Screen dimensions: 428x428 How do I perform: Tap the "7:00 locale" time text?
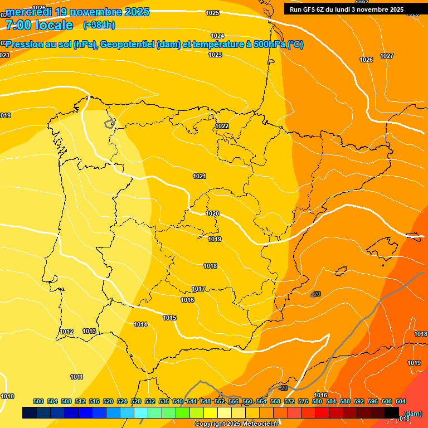tap(39, 25)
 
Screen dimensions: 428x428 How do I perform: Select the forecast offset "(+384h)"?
tap(99, 25)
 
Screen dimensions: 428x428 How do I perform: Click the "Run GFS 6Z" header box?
tap(347, 9)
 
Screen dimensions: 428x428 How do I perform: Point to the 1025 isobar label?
tap(212, 13)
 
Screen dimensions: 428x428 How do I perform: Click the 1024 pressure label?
tap(217, 36)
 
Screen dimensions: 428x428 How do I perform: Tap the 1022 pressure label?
tap(222, 126)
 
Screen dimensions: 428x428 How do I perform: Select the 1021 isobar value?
tap(200, 176)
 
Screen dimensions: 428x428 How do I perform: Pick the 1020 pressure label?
tap(212, 213)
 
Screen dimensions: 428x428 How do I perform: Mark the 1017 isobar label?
tap(198, 289)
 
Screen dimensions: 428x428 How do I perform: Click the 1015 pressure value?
tap(169, 318)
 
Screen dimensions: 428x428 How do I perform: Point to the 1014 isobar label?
tap(140, 324)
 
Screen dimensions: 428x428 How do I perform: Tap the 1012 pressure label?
tap(66, 332)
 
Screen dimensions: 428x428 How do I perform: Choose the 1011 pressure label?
tap(76, 377)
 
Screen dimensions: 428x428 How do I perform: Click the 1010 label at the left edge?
tap(7, 396)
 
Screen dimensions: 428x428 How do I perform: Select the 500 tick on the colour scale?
tap(38, 401)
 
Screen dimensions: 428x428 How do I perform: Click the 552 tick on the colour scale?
tap(220, 401)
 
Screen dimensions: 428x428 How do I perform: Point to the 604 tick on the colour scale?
tap(401, 401)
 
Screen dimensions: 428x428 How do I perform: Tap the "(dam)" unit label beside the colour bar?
tap(412, 413)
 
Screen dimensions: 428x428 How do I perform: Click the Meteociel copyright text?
tap(236, 424)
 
